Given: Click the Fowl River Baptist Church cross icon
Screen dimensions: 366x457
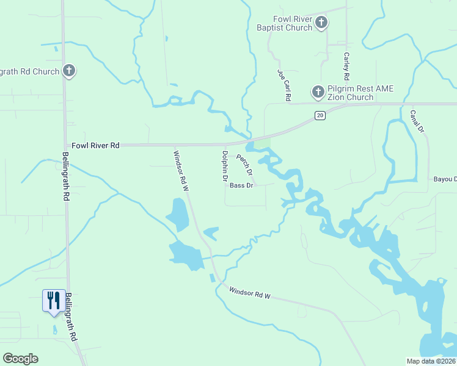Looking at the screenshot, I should pyautogui.click(x=321, y=23).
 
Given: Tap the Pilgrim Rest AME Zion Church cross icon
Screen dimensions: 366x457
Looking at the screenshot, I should pyautogui.click(x=318, y=92).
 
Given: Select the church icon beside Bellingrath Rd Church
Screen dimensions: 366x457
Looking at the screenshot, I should pyautogui.click(x=69, y=71).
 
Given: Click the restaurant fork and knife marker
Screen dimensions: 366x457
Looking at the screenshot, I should pyautogui.click(x=53, y=300).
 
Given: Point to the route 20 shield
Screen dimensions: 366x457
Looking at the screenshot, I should pyautogui.click(x=320, y=115).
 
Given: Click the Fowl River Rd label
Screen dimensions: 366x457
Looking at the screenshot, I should pyautogui.click(x=95, y=146).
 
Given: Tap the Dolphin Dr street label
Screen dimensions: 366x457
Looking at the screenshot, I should pyautogui.click(x=225, y=167).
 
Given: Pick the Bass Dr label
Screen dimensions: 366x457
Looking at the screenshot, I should pyautogui.click(x=242, y=185).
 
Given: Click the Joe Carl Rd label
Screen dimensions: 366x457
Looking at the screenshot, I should pyautogui.click(x=284, y=85).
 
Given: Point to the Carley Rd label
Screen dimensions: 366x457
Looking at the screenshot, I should pyautogui.click(x=346, y=66).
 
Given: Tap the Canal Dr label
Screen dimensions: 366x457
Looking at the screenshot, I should pyautogui.click(x=417, y=122).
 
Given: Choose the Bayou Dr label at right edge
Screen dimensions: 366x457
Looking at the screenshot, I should pyautogui.click(x=445, y=179).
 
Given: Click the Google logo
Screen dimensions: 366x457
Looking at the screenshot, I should pyautogui.click(x=20, y=359).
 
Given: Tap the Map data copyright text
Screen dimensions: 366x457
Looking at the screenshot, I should pyautogui.click(x=431, y=361).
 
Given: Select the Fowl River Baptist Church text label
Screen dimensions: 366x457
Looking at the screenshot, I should pyautogui.click(x=284, y=24).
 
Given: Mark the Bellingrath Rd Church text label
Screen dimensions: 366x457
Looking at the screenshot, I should pyautogui.click(x=29, y=71).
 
